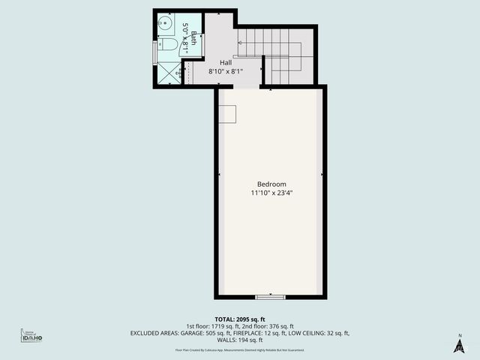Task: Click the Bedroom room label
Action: click(x=271, y=184)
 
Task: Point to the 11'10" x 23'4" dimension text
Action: click(x=271, y=193)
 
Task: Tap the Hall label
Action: click(x=226, y=63)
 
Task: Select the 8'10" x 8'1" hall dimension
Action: click(x=224, y=72)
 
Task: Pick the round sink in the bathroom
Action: click(x=165, y=23)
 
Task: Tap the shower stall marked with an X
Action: click(x=169, y=73)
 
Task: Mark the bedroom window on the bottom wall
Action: click(x=270, y=297)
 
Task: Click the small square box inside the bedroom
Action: click(x=227, y=114)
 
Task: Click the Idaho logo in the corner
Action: click(x=31, y=337)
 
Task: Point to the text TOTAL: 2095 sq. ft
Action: click(x=240, y=318)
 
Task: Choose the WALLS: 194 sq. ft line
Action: click(x=240, y=340)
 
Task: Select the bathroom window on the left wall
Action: click(x=155, y=52)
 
